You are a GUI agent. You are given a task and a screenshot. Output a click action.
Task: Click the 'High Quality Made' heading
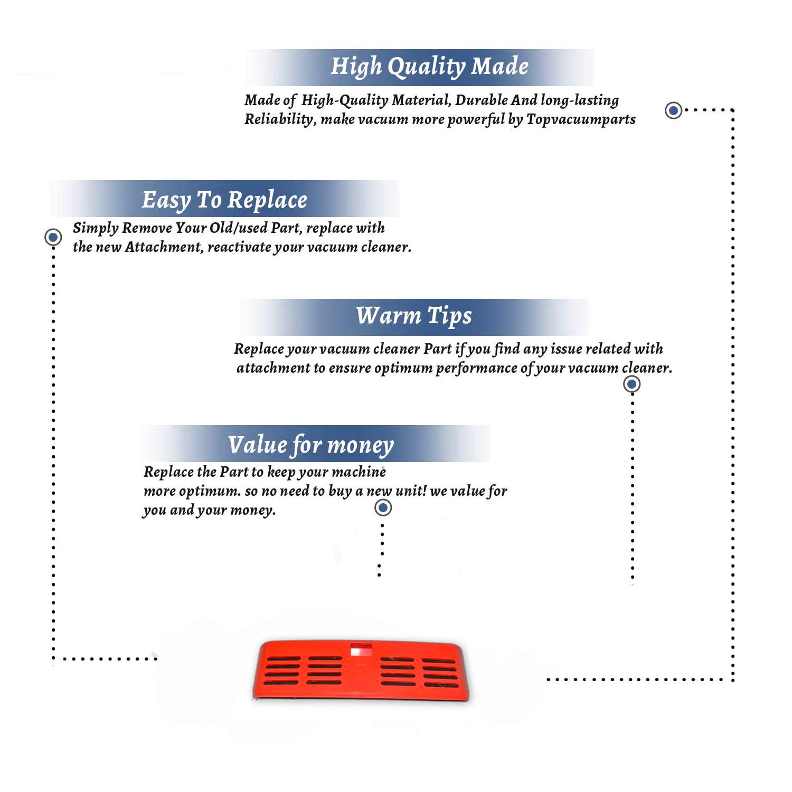pos(429,67)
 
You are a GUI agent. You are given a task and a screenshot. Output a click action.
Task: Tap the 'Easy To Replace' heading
pos(224,200)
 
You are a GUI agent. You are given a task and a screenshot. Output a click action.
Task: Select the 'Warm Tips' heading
pos(414,316)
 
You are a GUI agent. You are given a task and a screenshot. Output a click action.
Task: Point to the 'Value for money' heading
pos(311,445)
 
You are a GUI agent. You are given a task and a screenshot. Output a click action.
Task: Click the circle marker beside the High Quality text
pos(673,110)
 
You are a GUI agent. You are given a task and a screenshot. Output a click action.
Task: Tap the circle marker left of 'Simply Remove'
pos(53,237)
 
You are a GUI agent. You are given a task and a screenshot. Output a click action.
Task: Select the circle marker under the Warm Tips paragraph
pos(631,384)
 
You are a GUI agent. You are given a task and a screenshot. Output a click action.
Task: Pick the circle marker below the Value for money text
pos(383,508)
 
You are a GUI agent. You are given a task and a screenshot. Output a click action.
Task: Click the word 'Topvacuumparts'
pos(581,119)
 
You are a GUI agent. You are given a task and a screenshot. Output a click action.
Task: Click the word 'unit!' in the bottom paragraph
pos(411,491)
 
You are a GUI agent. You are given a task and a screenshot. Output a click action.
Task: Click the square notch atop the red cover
pos(361,649)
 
